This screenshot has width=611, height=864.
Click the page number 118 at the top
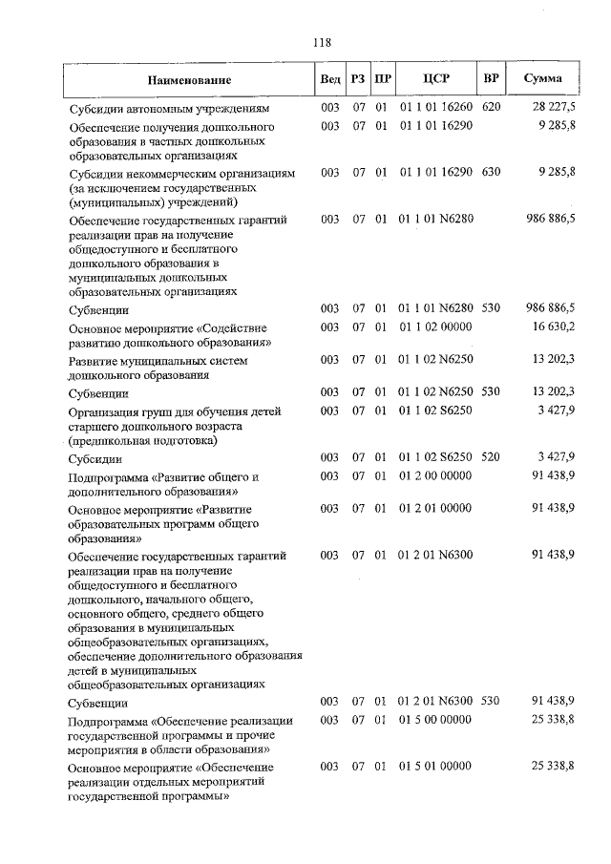322,42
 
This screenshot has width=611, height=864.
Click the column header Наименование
189,80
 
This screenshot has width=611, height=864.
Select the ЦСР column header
435,79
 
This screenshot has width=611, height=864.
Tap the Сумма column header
543,79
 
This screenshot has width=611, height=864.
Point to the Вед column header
330,79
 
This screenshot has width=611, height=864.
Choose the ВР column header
491,79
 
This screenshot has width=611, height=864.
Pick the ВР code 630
491,173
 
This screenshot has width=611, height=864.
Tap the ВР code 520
491,457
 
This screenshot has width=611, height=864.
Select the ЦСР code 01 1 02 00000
435,327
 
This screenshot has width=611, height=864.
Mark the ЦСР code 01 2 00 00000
435,475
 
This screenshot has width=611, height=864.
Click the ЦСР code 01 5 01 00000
435,766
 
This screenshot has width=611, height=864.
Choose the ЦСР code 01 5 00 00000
435,719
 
